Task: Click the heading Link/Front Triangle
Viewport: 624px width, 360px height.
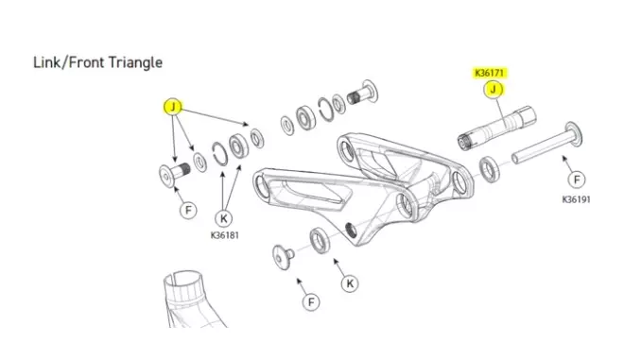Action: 97,63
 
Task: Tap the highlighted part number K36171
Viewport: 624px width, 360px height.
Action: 490,73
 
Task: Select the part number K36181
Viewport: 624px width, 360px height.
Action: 225,235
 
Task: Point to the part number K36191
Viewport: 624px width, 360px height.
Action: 576,199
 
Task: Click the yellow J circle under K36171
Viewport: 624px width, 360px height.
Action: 494,90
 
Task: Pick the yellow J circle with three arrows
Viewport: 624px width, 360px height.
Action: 173,107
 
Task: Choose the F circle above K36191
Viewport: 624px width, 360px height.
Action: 577,180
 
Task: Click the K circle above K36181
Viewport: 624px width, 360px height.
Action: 224,218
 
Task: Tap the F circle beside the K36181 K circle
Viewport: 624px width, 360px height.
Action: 188,210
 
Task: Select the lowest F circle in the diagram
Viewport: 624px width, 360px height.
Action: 311,302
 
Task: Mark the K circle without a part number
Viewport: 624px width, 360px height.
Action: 350,283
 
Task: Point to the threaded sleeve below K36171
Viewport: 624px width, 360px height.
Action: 496,129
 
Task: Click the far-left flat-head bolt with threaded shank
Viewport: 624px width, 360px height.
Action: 174,174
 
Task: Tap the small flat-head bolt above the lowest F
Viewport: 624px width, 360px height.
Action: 284,257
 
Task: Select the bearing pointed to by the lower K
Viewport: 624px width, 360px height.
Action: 320,240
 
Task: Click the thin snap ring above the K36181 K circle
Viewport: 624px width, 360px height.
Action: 219,154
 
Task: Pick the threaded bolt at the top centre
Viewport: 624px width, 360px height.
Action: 362,94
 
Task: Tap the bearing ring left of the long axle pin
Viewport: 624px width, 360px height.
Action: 489,169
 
